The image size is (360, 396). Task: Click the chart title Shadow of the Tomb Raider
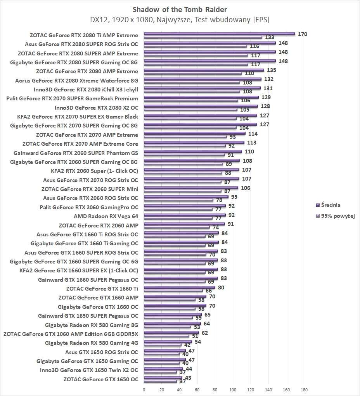coord(180,9)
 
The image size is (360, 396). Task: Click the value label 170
coord(303,34)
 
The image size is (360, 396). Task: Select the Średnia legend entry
coord(328,205)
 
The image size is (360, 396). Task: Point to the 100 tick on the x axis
coord(233,389)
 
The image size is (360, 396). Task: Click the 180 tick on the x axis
coord(304,389)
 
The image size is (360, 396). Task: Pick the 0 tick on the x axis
coord(144,389)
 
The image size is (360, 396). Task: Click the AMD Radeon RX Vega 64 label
coord(106,216)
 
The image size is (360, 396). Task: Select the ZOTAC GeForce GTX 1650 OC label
coord(100,379)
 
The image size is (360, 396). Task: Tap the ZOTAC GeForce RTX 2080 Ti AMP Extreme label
coord(84,35)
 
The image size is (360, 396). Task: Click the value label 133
coord(270,38)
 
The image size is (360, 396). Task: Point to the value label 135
coord(272,70)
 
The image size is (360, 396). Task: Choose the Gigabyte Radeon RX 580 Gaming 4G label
coord(91,343)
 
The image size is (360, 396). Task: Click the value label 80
coord(221,288)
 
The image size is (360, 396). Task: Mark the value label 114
coord(253,134)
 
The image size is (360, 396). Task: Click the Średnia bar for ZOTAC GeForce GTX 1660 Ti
coord(179,288)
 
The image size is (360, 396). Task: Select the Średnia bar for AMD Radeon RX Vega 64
coord(185,215)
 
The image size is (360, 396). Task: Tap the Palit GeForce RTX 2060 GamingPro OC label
coord(88,207)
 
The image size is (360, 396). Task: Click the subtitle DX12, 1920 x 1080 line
coord(180,19)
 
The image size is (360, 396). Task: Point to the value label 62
coord(205,333)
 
